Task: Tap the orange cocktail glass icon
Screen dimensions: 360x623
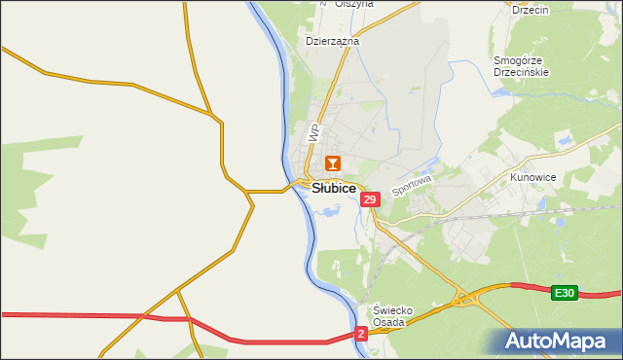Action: click(333, 163)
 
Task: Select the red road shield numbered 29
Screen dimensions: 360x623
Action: click(369, 199)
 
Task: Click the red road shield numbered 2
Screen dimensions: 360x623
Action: click(361, 334)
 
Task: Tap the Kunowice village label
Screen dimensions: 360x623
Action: click(532, 179)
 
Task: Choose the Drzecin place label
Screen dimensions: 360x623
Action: click(531, 10)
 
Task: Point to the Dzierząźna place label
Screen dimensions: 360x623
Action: click(333, 42)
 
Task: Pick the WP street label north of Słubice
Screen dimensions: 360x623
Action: click(313, 133)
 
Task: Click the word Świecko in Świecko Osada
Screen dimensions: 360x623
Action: click(395, 310)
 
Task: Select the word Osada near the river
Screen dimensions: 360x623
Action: click(395, 323)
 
